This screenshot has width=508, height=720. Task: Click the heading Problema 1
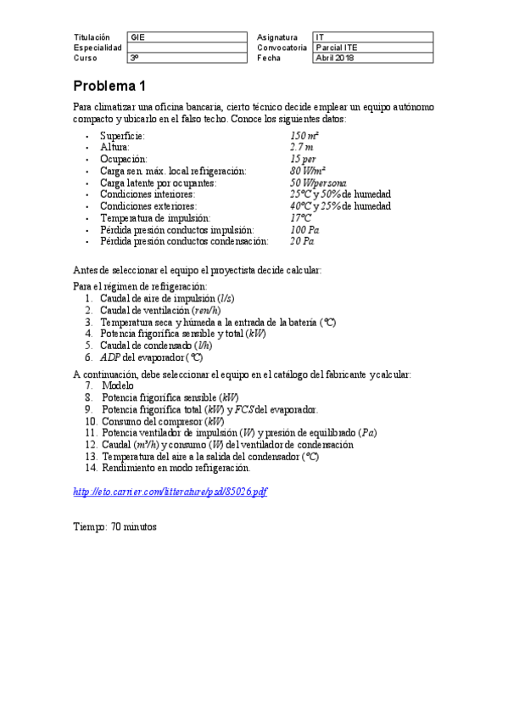(x=109, y=87)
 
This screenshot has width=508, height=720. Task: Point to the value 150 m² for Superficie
(x=304, y=136)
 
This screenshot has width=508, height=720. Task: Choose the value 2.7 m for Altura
(x=302, y=148)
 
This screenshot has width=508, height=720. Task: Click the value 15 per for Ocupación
(x=303, y=159)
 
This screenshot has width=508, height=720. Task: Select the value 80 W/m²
(x=309, y=171)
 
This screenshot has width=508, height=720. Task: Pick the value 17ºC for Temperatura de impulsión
(x=300, y=217)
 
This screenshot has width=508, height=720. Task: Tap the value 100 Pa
(x=304, y=229)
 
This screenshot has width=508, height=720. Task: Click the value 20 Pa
(x=302, y=241)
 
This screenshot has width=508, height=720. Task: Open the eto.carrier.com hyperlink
(x=170, y=492)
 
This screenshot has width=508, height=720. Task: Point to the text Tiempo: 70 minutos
(x=115, y=526)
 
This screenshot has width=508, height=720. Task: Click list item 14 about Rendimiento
(x=176, y=468)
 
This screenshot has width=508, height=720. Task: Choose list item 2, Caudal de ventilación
(x=159, y=310)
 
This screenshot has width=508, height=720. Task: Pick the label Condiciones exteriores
(x=148, y=205)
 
